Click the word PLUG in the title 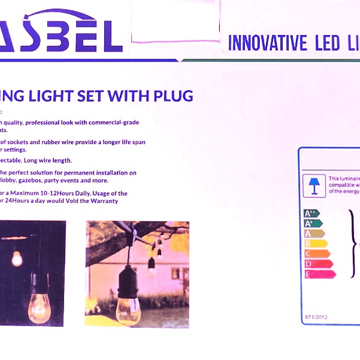pos(170,96)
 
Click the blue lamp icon pos(314,185)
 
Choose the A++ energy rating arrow pos(311,213)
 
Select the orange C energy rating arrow pos(317,254)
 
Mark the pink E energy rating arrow pos(320,274)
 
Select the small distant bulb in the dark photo pos(17,258)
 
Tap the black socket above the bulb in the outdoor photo pos(130,285)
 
